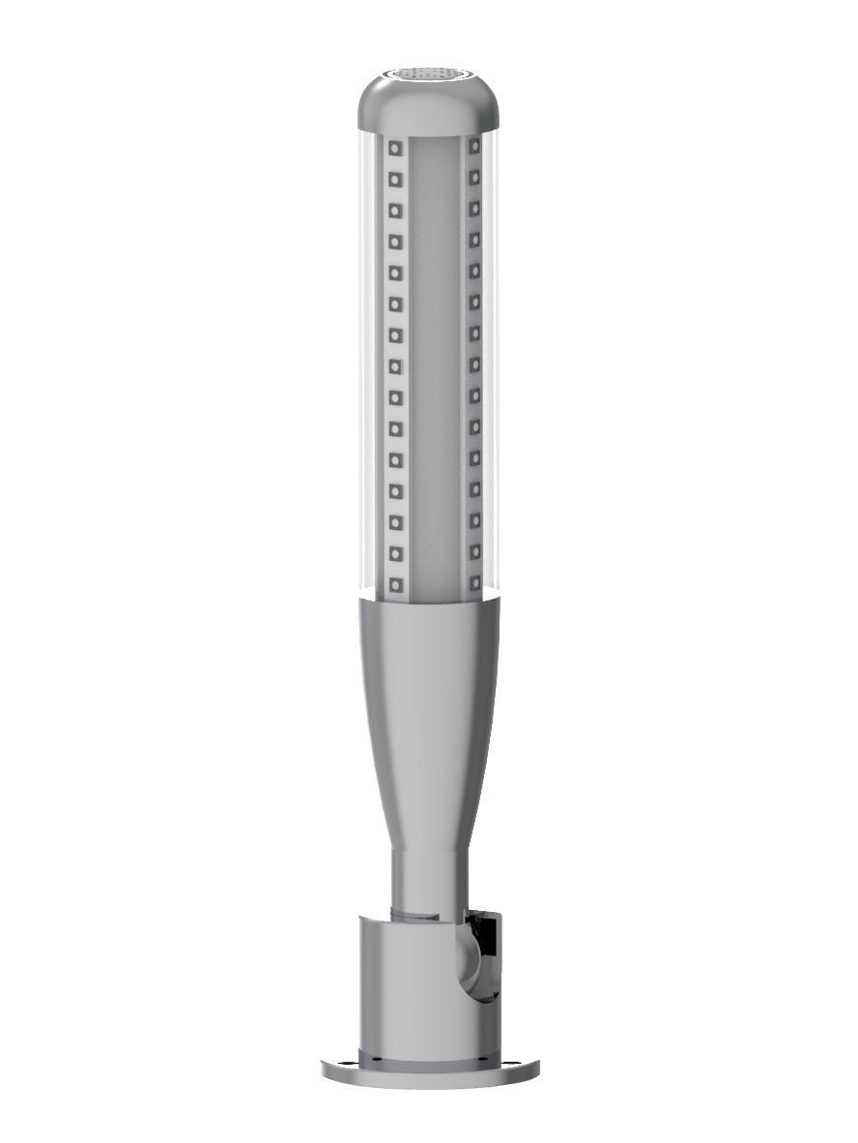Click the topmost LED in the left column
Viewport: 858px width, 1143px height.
(x=394, y=148)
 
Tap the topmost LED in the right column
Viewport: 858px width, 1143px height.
(x=475, y=146)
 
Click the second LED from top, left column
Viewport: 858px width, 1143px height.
(x=394, y=179)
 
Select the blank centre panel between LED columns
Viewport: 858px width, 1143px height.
(x=434, y=367)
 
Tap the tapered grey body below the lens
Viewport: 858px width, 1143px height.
(x=429, y=696)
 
